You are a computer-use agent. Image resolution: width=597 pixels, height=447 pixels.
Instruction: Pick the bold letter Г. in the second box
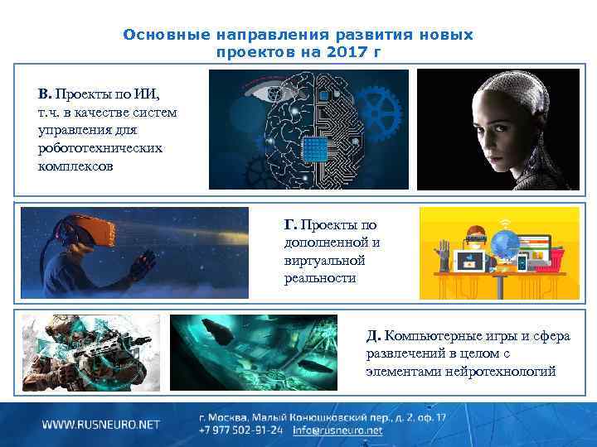coord(290,224)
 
